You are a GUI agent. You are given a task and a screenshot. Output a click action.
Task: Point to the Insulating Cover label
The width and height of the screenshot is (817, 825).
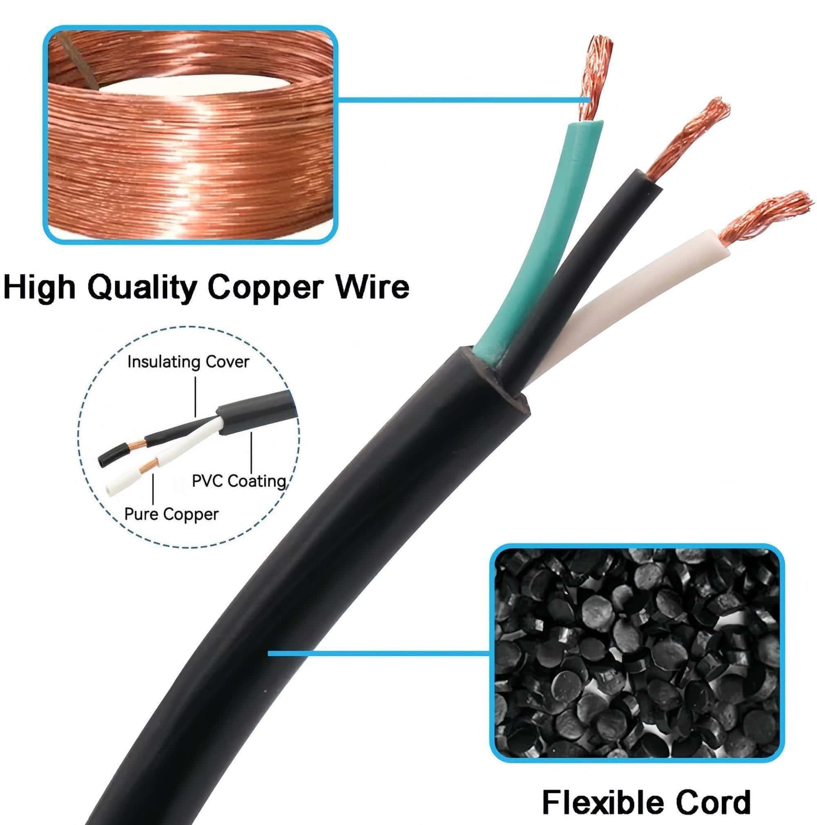pyautogui.click(x=188, y=362)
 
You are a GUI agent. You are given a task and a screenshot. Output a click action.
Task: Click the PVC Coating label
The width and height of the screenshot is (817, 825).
pyautogui.click(x=239, y=481)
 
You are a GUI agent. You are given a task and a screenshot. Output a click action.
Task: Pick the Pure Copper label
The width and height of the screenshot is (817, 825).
pyautogui.click(x=171, y=514)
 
